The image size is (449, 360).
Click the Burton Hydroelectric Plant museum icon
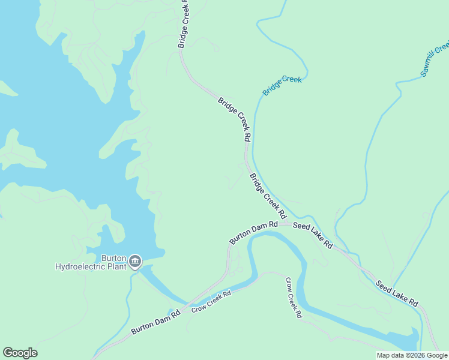135,261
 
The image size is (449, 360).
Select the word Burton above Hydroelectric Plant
113,258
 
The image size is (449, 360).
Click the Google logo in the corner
20,353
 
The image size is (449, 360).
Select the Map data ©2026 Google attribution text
411,355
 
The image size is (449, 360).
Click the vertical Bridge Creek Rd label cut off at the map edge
183,24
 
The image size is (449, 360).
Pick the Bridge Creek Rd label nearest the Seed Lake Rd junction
267,196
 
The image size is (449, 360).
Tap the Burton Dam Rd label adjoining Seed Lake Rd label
254,232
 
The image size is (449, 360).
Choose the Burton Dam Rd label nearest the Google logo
155,322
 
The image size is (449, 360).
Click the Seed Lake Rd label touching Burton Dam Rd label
312,235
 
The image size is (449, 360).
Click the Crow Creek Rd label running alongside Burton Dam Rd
211,302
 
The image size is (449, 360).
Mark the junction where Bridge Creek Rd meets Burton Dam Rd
286,224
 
